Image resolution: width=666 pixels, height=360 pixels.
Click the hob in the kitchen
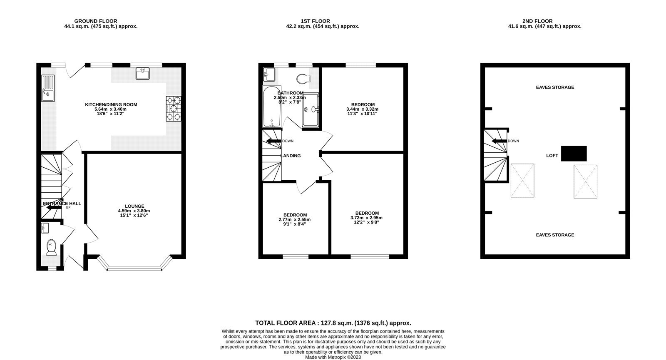coord(174,109)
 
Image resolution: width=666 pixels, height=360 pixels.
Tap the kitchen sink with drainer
coord(47,88)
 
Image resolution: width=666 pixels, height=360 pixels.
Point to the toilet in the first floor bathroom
coord(303,78)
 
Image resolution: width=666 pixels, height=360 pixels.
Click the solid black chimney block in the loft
coord(574,154)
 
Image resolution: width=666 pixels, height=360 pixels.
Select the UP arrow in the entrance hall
coord(53,207)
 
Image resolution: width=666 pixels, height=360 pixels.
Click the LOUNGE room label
coord(134,206)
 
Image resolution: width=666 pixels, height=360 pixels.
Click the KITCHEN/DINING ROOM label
coord(111,104)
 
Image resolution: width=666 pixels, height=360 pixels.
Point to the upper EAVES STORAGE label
coord(554,87)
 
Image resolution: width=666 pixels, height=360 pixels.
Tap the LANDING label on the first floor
coord(290,156)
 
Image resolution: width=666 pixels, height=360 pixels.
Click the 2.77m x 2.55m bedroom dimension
coord(294,220)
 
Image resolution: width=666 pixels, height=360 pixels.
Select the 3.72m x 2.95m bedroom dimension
coord(366,218)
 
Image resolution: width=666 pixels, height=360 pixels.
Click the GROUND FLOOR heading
coord(95,21)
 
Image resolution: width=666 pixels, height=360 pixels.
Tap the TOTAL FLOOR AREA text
coord(333,323)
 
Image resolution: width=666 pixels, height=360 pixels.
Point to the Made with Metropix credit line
coord(333,357)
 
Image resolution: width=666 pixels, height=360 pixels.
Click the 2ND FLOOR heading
coord(537,21)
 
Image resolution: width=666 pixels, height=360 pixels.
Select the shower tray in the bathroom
coord(311,109)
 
